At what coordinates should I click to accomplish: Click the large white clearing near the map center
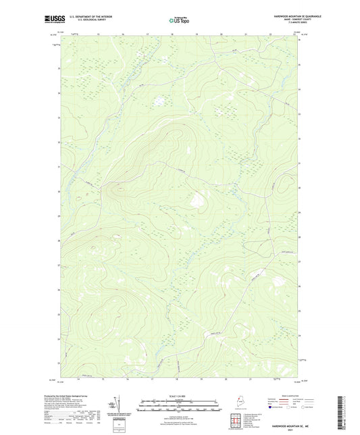(x=197, y=199)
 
